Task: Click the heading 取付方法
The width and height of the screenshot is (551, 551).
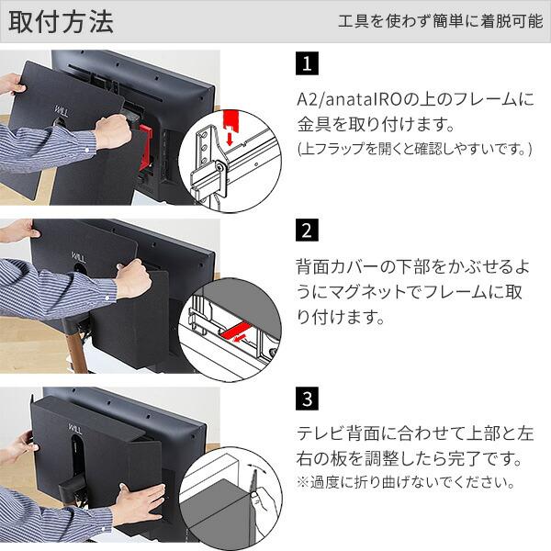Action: coord(61,22)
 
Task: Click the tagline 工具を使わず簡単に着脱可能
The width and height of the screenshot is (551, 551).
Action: coord(440,21)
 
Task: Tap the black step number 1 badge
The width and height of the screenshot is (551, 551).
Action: coord(307,63)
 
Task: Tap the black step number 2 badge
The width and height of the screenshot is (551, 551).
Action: coord(307,231)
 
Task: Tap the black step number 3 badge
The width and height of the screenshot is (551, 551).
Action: coord(307,399)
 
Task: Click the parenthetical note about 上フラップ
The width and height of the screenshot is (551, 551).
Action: coord(415,150)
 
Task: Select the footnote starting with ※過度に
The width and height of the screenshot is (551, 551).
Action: coord(406,482)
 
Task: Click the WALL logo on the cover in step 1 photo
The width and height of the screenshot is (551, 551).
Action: coord(62,112)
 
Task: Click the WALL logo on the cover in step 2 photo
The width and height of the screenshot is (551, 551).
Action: coord(79,257)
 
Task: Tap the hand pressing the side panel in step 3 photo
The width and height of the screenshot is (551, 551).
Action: coord(142,503)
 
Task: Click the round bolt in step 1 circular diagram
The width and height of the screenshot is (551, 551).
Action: coord(220,167)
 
